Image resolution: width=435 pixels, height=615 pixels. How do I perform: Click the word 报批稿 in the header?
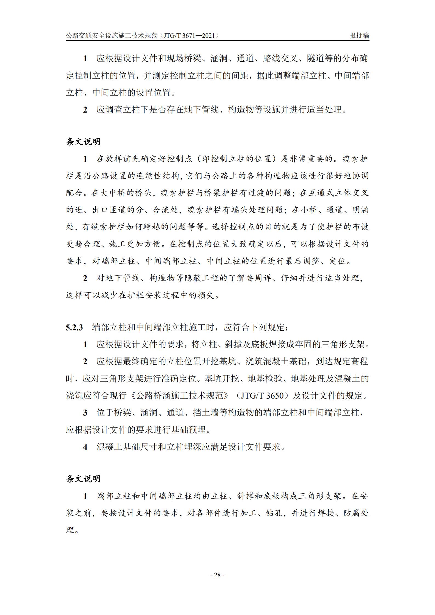point(359,36)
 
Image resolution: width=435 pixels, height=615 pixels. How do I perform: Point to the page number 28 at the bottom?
point(217,575)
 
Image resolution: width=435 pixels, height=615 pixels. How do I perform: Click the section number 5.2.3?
point(74,327)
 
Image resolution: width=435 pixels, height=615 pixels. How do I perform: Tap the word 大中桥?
point(113,193)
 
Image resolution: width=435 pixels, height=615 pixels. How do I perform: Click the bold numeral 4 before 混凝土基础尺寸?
point(85,447)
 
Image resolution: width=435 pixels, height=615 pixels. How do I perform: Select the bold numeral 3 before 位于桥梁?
point(85,413)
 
